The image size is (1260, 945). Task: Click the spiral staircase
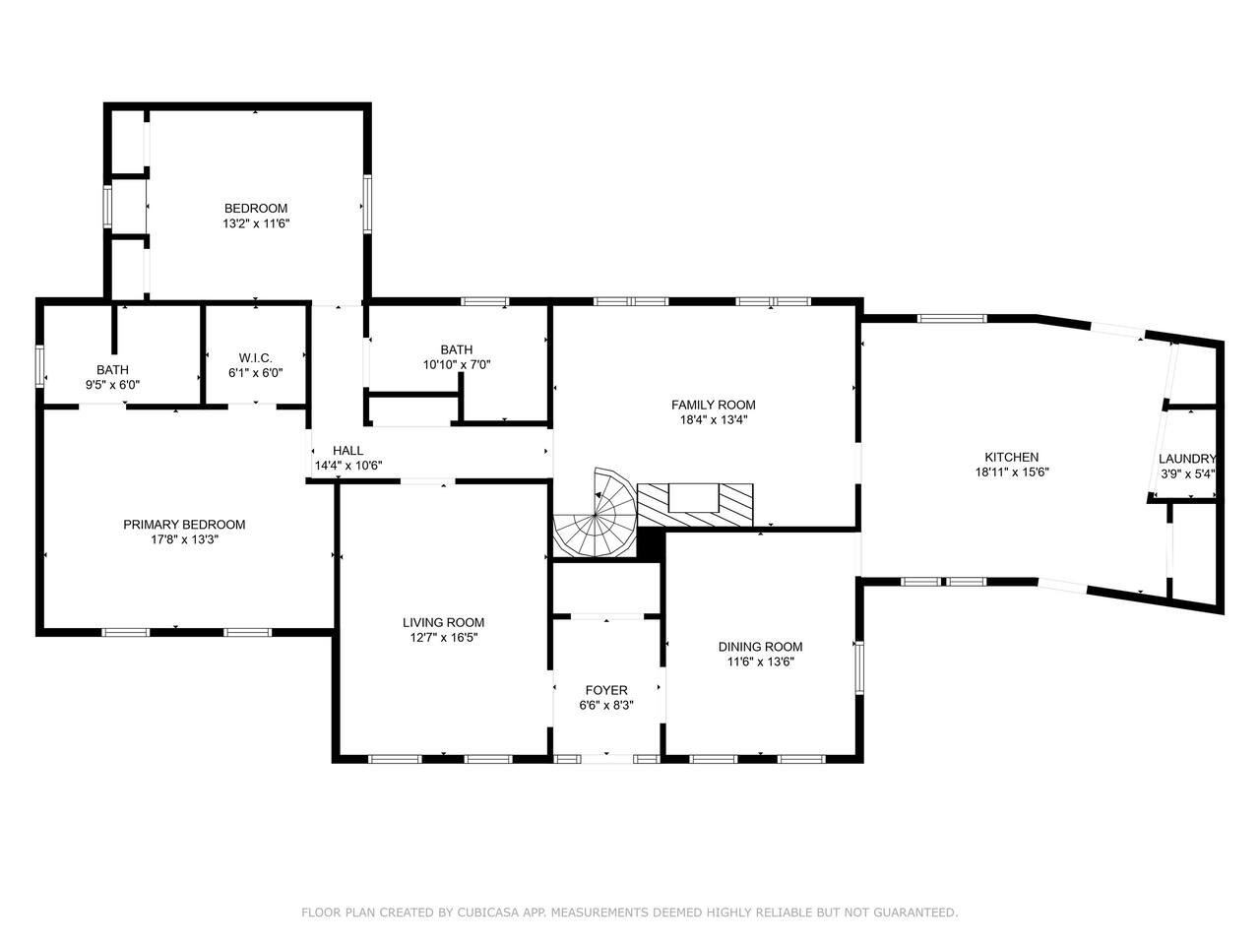(596, 514)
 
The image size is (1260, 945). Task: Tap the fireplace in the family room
(695, 504)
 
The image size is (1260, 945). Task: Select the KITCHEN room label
(1011, 458)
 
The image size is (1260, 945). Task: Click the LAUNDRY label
(1186, 459)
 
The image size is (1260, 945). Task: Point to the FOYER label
(606, 690)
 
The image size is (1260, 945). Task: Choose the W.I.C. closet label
(255, 358)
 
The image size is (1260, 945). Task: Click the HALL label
(347, 451)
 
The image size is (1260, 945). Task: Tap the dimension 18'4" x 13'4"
(714, 420)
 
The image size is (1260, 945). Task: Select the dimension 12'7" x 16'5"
(443, 638)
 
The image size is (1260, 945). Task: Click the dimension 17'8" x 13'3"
(184, 539)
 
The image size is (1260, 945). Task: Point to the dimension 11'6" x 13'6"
(761, 661)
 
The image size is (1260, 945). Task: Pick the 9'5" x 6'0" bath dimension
(112, 385)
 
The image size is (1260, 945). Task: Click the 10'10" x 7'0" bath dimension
(457, 364)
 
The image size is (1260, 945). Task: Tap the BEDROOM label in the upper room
(255, 209)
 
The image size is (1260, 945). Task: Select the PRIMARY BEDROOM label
(184, 525)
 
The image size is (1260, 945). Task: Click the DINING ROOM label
(761, 647)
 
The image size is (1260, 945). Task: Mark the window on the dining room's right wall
(859, 667)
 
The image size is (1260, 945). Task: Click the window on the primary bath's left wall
(39, 365)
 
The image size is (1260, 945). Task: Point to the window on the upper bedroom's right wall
(367, 205)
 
